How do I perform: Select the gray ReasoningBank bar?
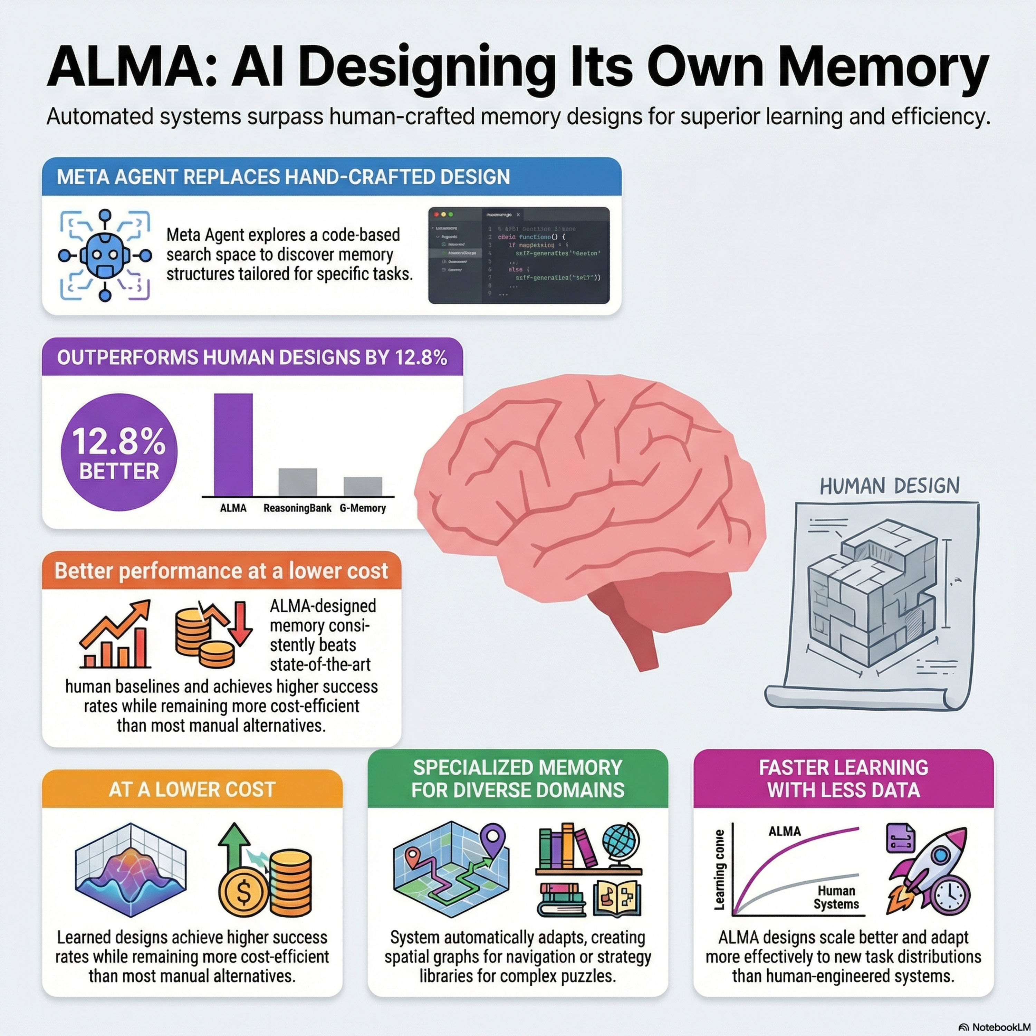click(298, 482)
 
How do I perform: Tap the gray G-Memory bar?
click(363, 486)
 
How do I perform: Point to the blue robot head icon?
click(105, 255)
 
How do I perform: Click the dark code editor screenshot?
click(519, 255)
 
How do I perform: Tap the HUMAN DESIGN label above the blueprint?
click(890, 486)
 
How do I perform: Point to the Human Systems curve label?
click(836, 898)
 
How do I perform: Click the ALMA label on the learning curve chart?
click(785, 831)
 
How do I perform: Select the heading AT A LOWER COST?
click(192, 789)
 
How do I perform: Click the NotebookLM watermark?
click(996, 1027)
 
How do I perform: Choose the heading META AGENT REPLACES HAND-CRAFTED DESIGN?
click(283, 177)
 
